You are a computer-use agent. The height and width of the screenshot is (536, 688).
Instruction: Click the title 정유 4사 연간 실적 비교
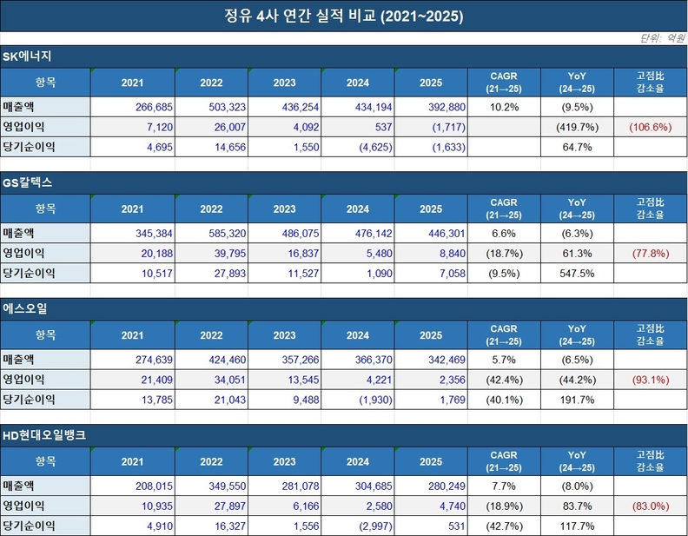coord(344,17)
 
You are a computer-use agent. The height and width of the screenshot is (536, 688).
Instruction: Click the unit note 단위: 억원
coord(662,38)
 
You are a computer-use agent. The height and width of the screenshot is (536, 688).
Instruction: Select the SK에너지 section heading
coord(29,56)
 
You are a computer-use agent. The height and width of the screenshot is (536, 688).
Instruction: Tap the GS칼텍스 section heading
coord(29,183)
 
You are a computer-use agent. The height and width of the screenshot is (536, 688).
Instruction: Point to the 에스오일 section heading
coord(25,308)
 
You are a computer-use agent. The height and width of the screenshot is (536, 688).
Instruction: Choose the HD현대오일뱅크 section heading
coord(44,435)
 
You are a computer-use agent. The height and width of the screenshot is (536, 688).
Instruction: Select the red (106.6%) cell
coord(652,127)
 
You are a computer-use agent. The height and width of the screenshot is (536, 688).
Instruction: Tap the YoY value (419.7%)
coord(578,127)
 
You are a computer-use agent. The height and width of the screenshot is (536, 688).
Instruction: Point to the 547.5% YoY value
coord(578,274)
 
